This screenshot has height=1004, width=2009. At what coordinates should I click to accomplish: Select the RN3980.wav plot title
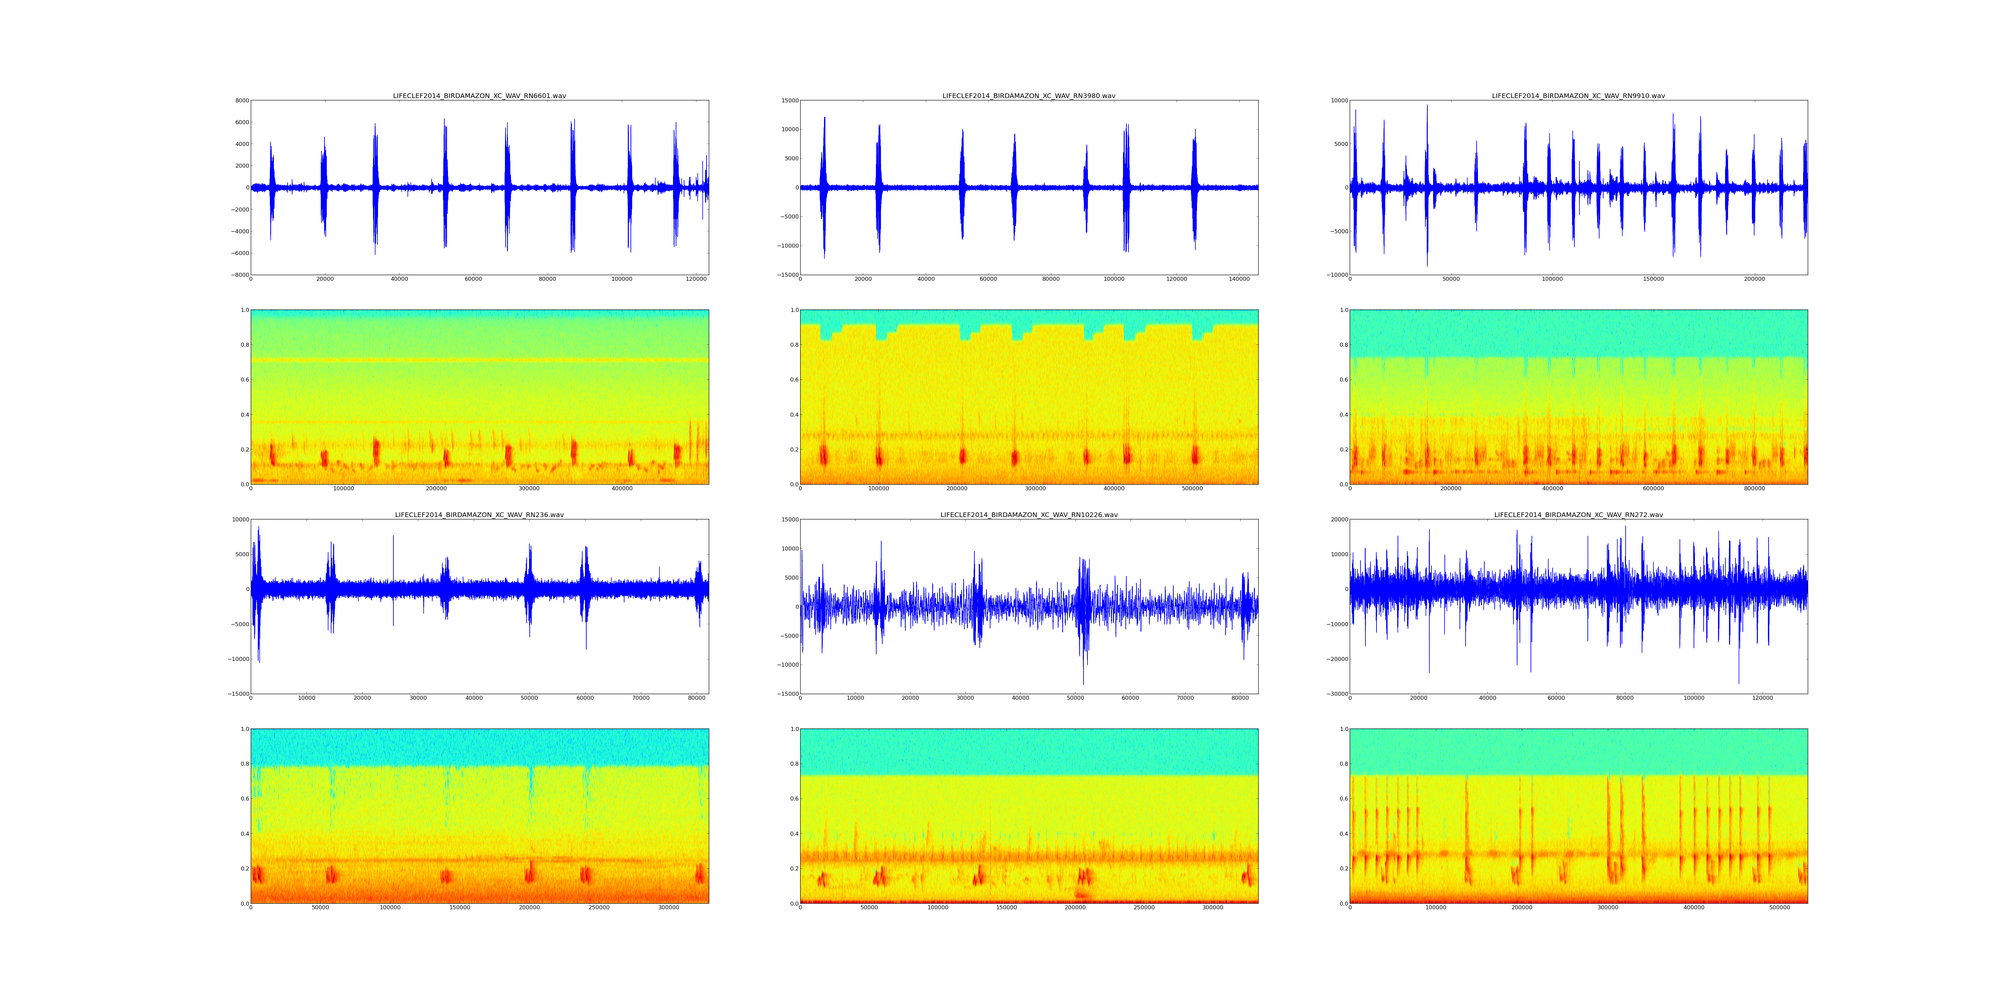[x=1029, y=96]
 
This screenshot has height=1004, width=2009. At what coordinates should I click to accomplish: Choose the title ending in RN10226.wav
[x=1029, y=515]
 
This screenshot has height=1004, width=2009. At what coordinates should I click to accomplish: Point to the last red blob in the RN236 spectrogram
[x=699, y=874]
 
